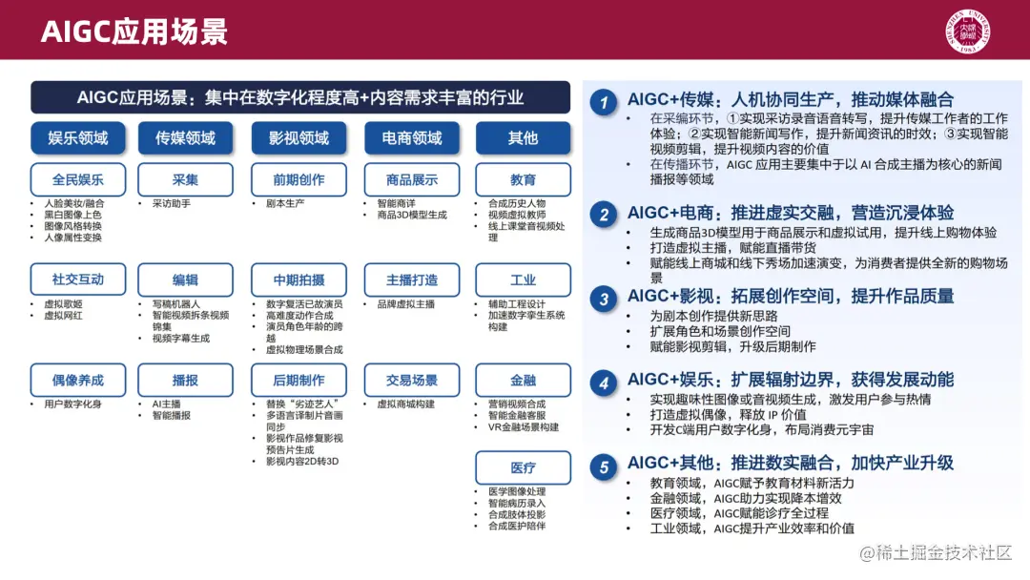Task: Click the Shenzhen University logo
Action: pyautogui.click(x=968, y=31)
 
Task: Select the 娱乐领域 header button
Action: pyautogui.click(x=77, y=138)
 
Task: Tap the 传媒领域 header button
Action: pyautogui.click(x=185, y=138)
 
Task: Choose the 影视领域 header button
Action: pyautogui.click(x=299, y=138)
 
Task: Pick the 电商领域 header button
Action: pyautogui.click(x=412, y=138)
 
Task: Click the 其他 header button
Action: pyautogui.click(x=523, y=138)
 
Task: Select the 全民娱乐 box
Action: pyautogui.click(x=77, y=179)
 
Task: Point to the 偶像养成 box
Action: pyautogui.click(x=77, y=381)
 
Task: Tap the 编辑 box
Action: pyautogui.click(x=185, y=280)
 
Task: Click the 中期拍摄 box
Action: pyautogui.click(x=299, y=280)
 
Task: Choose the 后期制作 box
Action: pyautogui.click(x=299, y=381)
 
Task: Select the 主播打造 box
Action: pyautogui.click(x=412, y=280)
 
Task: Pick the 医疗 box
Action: pyautogui.click(x=523, y=467)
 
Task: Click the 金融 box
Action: pyautogui.click(x=523, y=381)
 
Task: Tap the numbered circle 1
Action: pyautogui.click(x=603, y=102)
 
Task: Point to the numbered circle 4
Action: pyautogui.click(x=603, y=383)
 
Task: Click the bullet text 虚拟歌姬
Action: pyautogui.click(x=63, y=304)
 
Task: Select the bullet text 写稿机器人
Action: pyautogui.click(x=176, y=304)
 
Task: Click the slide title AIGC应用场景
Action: pyautogui.click(x=134, y=31)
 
